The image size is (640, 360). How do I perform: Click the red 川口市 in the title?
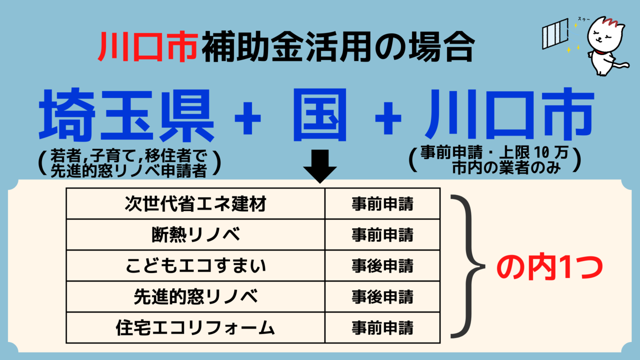(148, 46)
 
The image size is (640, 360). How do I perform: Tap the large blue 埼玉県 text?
(126, 115)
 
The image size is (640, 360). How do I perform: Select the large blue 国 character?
(320, 115)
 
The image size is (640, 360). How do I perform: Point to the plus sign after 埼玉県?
(247, 118)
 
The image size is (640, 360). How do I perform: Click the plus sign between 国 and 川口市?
(388, 118)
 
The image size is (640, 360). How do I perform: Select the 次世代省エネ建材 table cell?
(195, 203)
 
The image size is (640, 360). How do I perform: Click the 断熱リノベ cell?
(195, 235)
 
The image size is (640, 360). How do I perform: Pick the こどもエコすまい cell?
(195, 265)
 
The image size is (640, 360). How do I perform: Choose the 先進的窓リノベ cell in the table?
(195, 296)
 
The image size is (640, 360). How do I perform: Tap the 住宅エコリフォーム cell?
(195, 327)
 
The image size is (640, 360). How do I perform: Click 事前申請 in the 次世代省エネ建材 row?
(382, 204)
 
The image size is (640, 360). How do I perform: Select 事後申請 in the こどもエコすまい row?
(382, 266)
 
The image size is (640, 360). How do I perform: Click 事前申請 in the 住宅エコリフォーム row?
(382, 327)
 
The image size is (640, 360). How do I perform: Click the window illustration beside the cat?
(555, 33)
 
